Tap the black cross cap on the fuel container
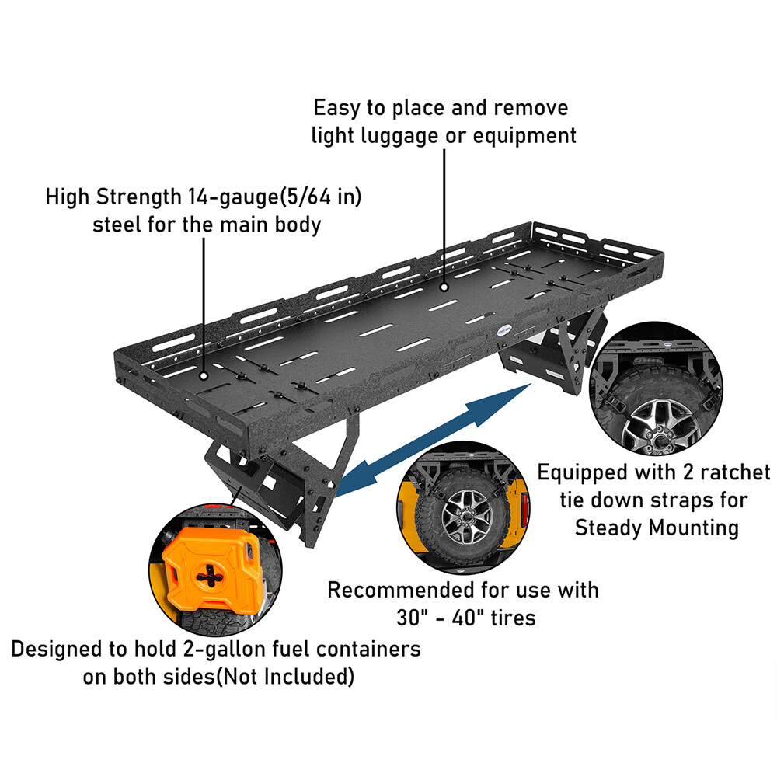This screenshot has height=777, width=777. pyautogui.click(x=209, y=577)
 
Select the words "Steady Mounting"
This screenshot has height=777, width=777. pyautogui.click(x=657, y=528)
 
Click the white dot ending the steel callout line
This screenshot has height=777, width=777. pyautogui.click(x=204, y=375)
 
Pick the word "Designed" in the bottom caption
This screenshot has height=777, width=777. pyautogui.click(x=54, y=649)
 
